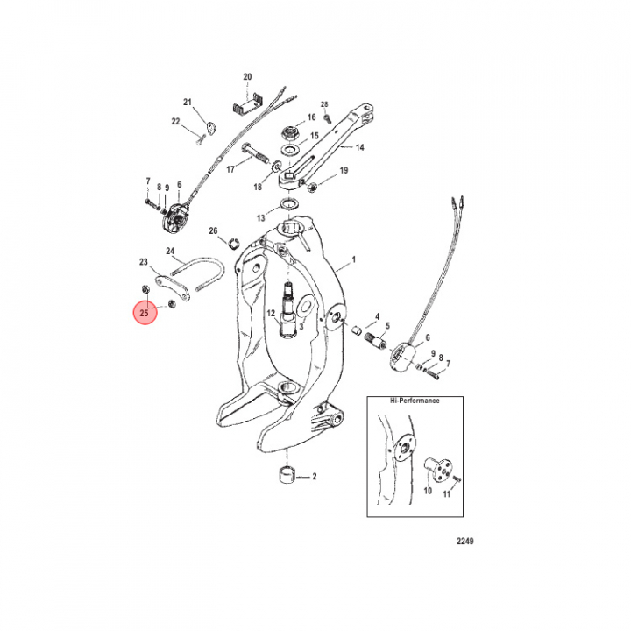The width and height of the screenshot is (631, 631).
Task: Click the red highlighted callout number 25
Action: (145, 313)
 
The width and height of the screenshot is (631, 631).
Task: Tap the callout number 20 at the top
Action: (247, 76)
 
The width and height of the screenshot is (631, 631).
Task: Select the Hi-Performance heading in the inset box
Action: (415, 401)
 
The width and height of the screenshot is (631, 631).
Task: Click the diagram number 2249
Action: (464, 541)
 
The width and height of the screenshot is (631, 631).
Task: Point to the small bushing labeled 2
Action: (287, 474)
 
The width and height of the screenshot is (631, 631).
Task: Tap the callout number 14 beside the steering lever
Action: (360, 147)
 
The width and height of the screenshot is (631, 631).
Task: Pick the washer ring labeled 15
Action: (290, 151)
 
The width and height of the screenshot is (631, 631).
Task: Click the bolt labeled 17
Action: (255, 152)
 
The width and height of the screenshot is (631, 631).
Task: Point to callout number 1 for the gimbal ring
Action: (354, 259)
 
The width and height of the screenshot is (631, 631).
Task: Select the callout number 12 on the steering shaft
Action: (271, 313)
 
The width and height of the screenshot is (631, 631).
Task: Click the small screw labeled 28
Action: (328, 118)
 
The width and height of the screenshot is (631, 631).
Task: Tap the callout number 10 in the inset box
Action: (428, 491)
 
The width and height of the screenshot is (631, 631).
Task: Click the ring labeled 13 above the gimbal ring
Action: (289, 203)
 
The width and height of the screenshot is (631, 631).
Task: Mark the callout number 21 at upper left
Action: (188, 103)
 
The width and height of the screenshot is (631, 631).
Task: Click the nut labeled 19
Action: (311, 188)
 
